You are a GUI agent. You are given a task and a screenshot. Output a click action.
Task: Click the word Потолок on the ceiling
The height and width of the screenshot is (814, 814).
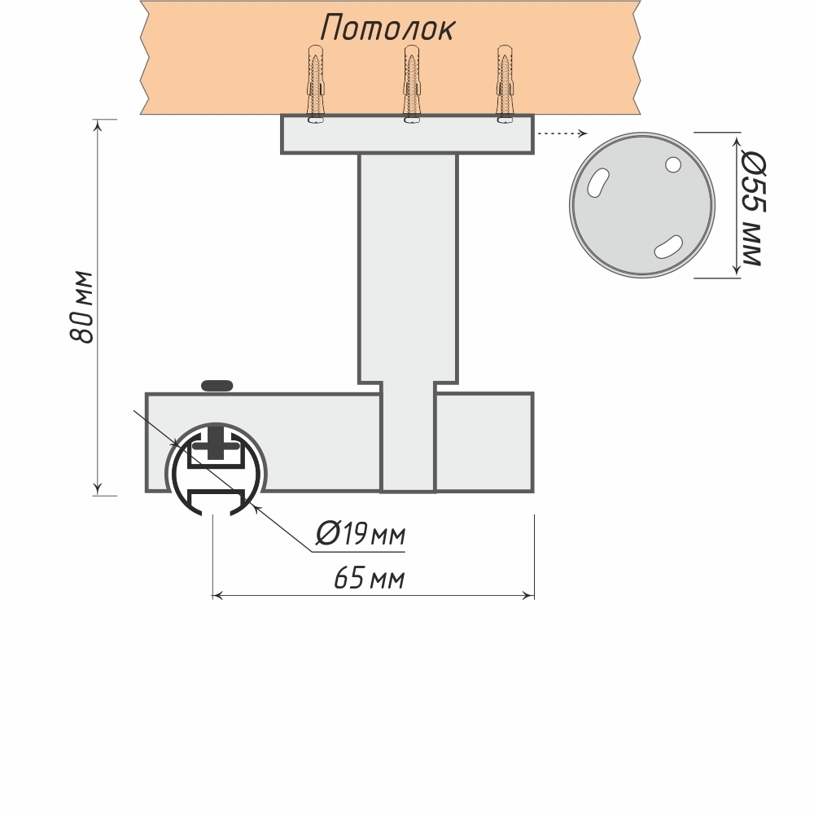pyautogui.click(x=387, y=28)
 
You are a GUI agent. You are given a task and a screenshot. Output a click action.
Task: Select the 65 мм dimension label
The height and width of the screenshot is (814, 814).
pyautogui.click(x=369, y=579)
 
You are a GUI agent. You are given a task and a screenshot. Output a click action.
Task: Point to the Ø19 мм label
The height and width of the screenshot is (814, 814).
pyautogui.click(x=360, y=534)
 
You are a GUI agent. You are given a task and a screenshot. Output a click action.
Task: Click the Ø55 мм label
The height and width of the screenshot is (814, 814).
pyautogui.click(x=751, y=208)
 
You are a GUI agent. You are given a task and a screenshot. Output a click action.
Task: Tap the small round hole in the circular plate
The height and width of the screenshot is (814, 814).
pyautogui.click(x=672, y=164)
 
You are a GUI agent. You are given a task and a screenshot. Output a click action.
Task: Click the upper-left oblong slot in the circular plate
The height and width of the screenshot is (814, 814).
pyautogui.click(x=598, y=181)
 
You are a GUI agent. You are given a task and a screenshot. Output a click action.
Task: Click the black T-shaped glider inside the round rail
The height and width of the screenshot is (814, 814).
pyautogui.click(x=216, y=444)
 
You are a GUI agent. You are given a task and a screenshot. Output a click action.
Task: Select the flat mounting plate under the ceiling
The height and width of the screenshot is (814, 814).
pyautogui.click(x=407, y=134)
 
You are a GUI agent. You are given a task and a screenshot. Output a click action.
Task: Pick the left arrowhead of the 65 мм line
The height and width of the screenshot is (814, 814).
pyautogui.click(x=217, y=597)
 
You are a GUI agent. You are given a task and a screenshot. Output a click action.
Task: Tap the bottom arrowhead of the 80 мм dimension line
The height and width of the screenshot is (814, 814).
pyautogui.click(x=98, y=489)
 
